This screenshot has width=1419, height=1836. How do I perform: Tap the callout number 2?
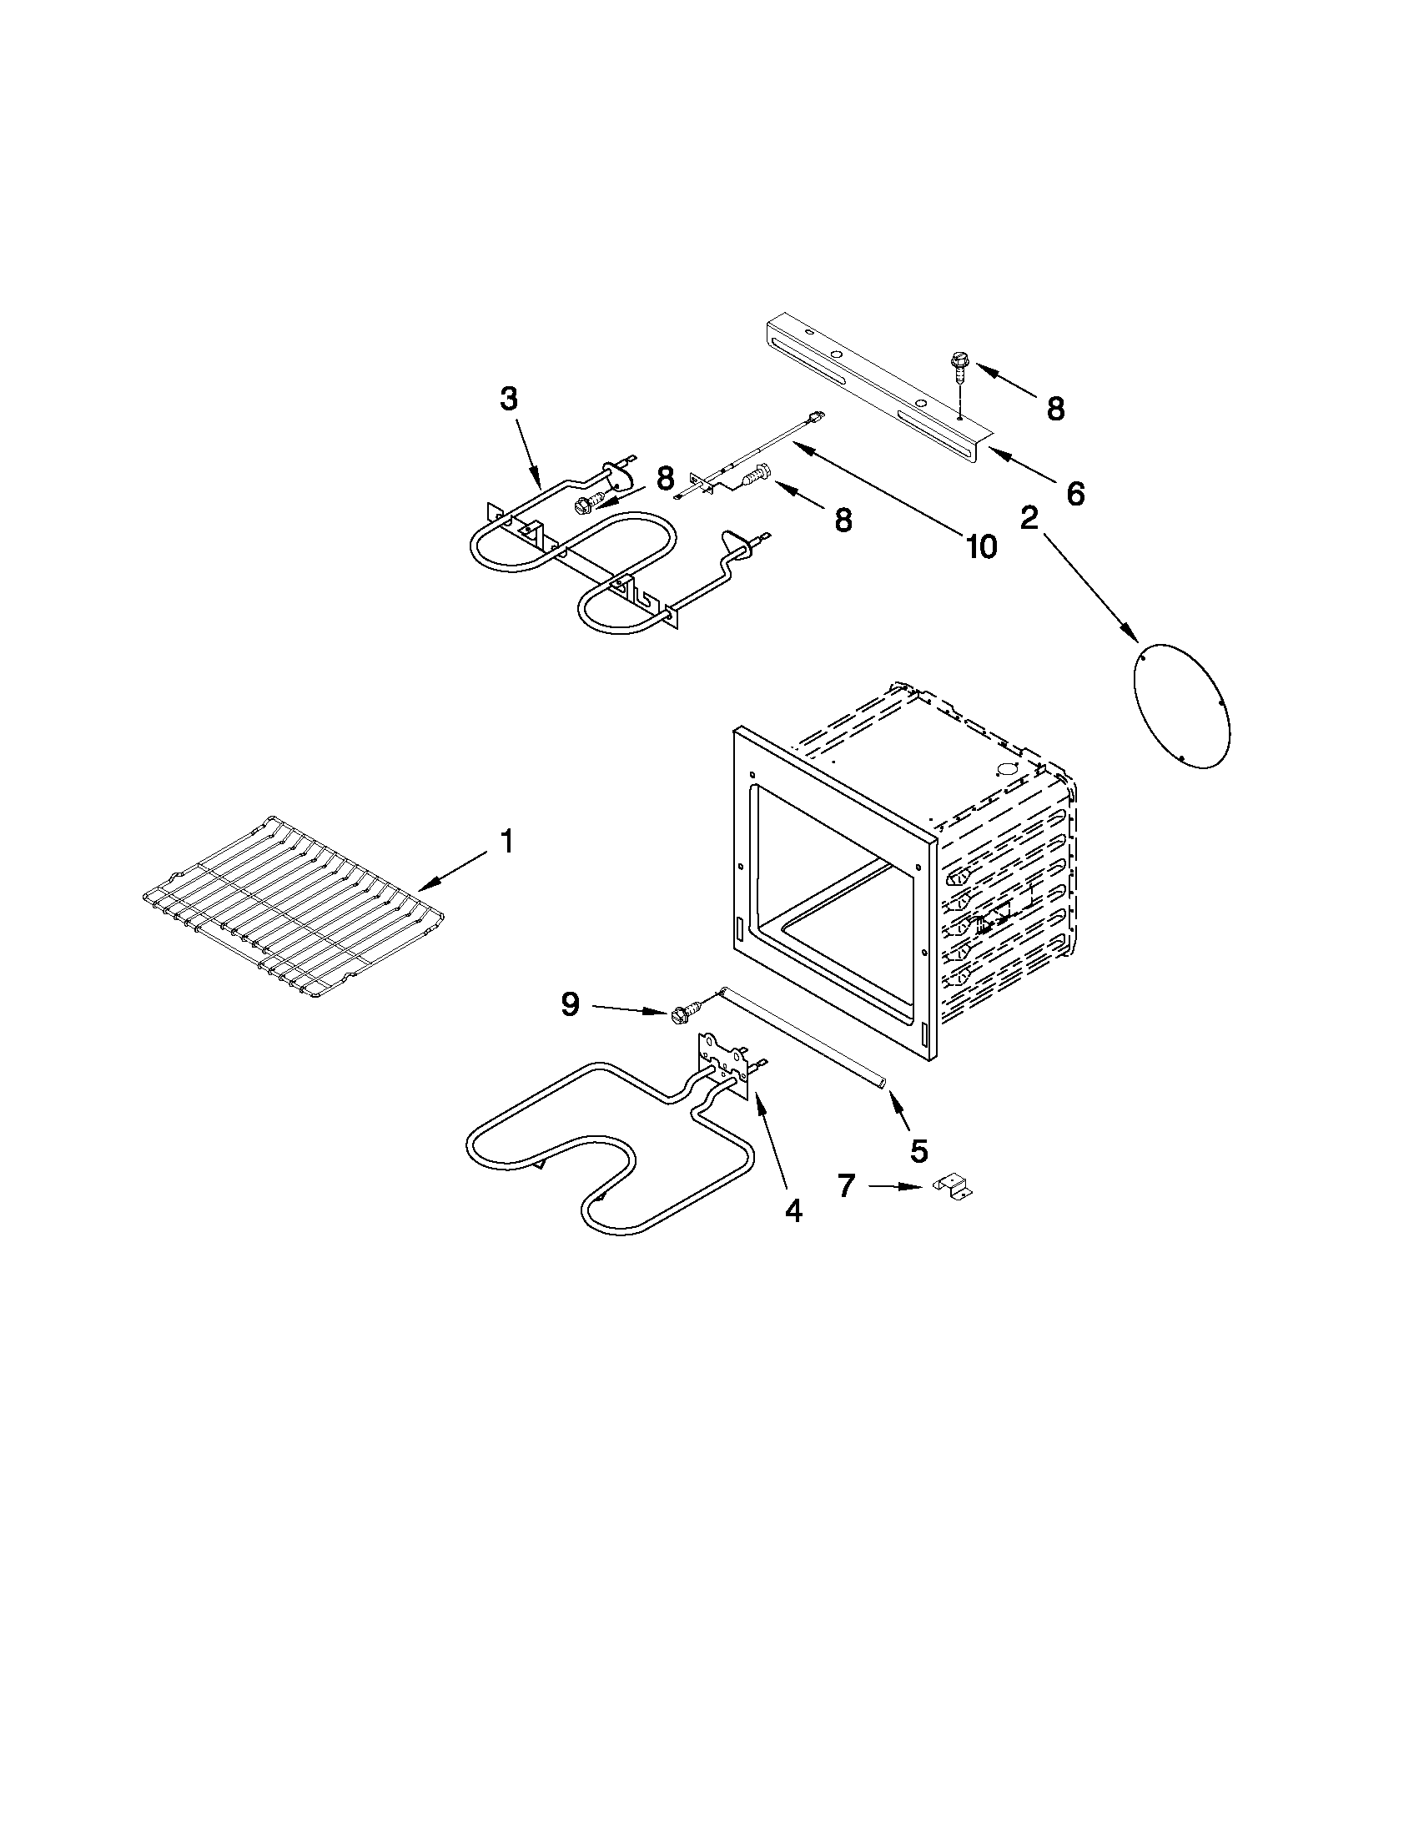point(1029,519)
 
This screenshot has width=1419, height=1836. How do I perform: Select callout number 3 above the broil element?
point(509,399)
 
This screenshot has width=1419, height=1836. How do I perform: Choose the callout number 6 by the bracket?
point(1075,493)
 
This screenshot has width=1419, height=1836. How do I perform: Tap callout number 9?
point(571,1004)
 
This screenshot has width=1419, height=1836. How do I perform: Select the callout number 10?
point(981,546)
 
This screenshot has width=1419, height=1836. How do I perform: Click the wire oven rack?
point(294,908)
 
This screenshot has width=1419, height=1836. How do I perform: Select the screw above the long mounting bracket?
point(959,369)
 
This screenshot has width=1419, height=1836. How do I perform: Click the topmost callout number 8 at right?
point(1055,410)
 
